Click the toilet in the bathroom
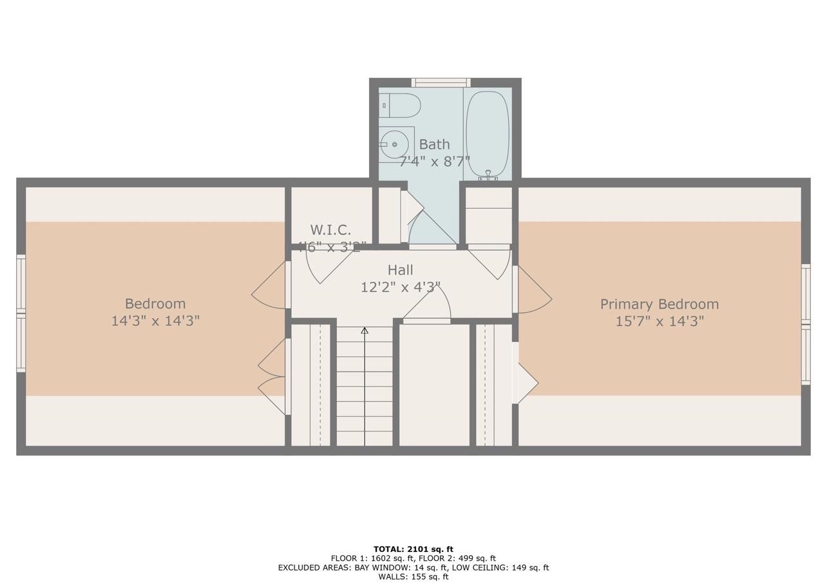tap(403, 104)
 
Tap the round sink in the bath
tap(394, 144)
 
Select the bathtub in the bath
tap(488, 134)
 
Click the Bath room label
tap(434, 144)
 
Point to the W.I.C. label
tap(330, 230)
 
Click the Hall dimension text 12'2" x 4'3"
tap(400, 287)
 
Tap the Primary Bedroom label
tap(659, 304)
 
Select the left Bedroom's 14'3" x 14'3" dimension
tap(155, 321)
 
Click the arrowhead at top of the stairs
tap(365, 330)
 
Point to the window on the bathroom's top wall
tap(441, 82)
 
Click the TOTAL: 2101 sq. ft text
tap(413, 549)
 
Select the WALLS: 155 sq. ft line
tap(413, 576)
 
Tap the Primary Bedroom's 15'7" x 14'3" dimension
tap(659, 321)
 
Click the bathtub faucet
tap(488, 174)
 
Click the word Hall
tap(400, 270)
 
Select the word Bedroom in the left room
tap(155, 303)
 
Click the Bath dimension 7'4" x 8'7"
tap(434, 161)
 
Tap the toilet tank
tap(385, 104)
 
